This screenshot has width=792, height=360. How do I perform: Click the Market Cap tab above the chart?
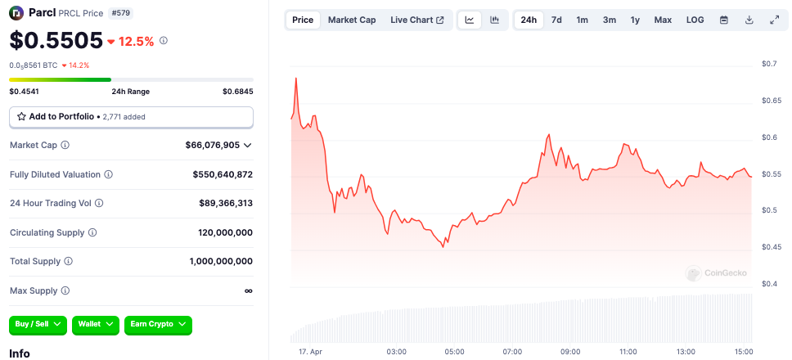click(x=352, y=20)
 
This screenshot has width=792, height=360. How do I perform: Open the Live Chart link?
click(x=417, y=20)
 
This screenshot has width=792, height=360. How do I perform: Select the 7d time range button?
click(x=556, y=20)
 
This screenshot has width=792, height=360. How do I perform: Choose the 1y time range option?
click(x=635, y=20)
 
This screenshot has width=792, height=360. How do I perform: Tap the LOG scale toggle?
click(x=695, y=20)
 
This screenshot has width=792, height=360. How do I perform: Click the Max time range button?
click(x=663, y=20)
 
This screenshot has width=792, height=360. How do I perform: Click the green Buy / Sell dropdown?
click(x=38, y=325)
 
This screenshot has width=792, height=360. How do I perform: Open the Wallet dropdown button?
click(x=96, y=325)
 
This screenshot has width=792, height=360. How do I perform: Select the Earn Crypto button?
click(x=158, y=325)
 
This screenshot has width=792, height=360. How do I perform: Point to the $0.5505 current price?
click(x=56, y=40)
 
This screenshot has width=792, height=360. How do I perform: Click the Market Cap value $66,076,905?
click(x=213, y=145)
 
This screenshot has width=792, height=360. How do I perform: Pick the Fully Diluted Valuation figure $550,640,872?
click(x=223, y=174)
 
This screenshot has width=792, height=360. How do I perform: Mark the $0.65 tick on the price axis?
click(x=771, y=101)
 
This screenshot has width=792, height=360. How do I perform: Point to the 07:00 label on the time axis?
click(x=512, y=352)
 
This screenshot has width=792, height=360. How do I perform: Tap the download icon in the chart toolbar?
click(x=749, y=20)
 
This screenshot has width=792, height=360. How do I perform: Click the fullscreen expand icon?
click(x=774, y=20)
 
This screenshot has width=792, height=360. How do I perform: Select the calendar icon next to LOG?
click(x=723, y=20)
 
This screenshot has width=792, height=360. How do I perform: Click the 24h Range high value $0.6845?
click(x=237, y=92)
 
